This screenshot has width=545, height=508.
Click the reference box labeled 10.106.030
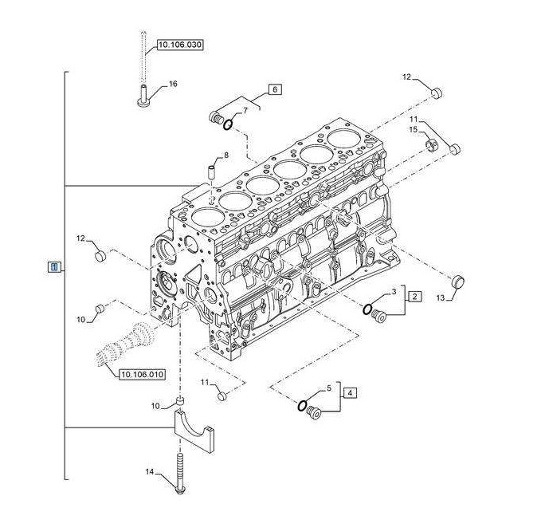point(178,45)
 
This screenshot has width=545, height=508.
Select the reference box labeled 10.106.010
point(142,374)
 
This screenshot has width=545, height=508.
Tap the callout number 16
point(173,84)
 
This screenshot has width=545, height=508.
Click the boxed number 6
point(275,89)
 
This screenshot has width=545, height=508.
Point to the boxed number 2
point(414,297)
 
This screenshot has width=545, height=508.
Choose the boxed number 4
point(351,392)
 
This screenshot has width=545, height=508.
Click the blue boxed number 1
point(53,266)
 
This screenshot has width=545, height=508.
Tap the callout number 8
point(225,155)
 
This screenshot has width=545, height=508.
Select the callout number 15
point(414,129)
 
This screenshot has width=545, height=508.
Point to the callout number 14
point(149,471)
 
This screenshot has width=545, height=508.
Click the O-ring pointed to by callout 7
point(228,124)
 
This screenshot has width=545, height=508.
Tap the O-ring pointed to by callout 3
point(370,309)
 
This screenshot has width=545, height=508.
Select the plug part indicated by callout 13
point(458,282)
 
